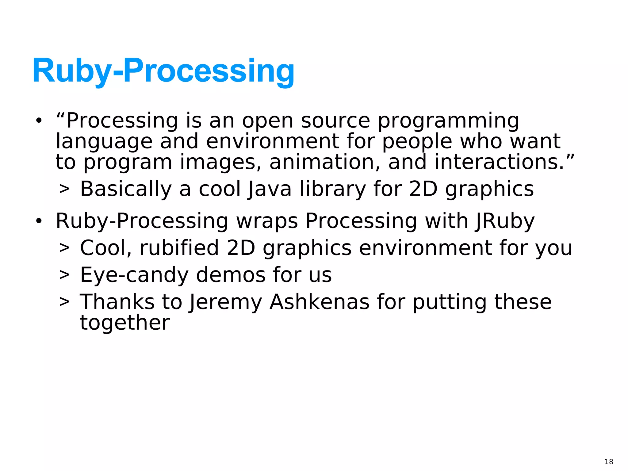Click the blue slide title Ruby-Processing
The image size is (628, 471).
(x=163, y=71)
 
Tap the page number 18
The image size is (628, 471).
(x=609, y=461)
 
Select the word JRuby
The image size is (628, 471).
(x=505, y=221)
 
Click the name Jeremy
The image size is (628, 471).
(x=225, y=302)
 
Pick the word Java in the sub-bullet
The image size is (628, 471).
(x=270, y=189)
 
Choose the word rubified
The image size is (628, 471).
(x=179, y=248)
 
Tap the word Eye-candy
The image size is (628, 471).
(x=134, y=275)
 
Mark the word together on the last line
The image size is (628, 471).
(x=125, y=323)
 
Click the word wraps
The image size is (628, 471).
(x=267, y=221)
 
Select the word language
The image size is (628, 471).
(x=104, y=142)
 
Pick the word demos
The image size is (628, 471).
(x=231, y=275)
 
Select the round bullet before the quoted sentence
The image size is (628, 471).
(x=38, y=121)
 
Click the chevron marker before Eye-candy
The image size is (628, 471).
(x=64, y=275)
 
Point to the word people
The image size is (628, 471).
(x=417, y=142)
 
